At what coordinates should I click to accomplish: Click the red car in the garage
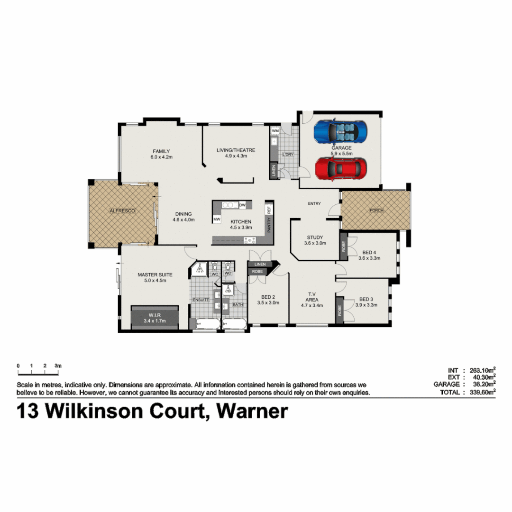(341, 168)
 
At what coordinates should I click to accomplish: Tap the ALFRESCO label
(122, 210)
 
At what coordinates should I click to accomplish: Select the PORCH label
(377, 210)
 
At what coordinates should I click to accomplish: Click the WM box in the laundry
(275, 130)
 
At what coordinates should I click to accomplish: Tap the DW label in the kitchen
(242, 205)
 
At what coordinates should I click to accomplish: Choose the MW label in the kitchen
(217, 219)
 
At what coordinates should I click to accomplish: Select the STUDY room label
(315, 238)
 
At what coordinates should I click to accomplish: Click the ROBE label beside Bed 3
(340, 311)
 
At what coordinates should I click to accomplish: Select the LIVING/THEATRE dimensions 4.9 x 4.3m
(236, 156)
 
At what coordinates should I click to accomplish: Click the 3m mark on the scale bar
(58, 366)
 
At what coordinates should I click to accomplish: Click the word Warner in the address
(252, 411)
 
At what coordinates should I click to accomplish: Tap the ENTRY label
(314, 203)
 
